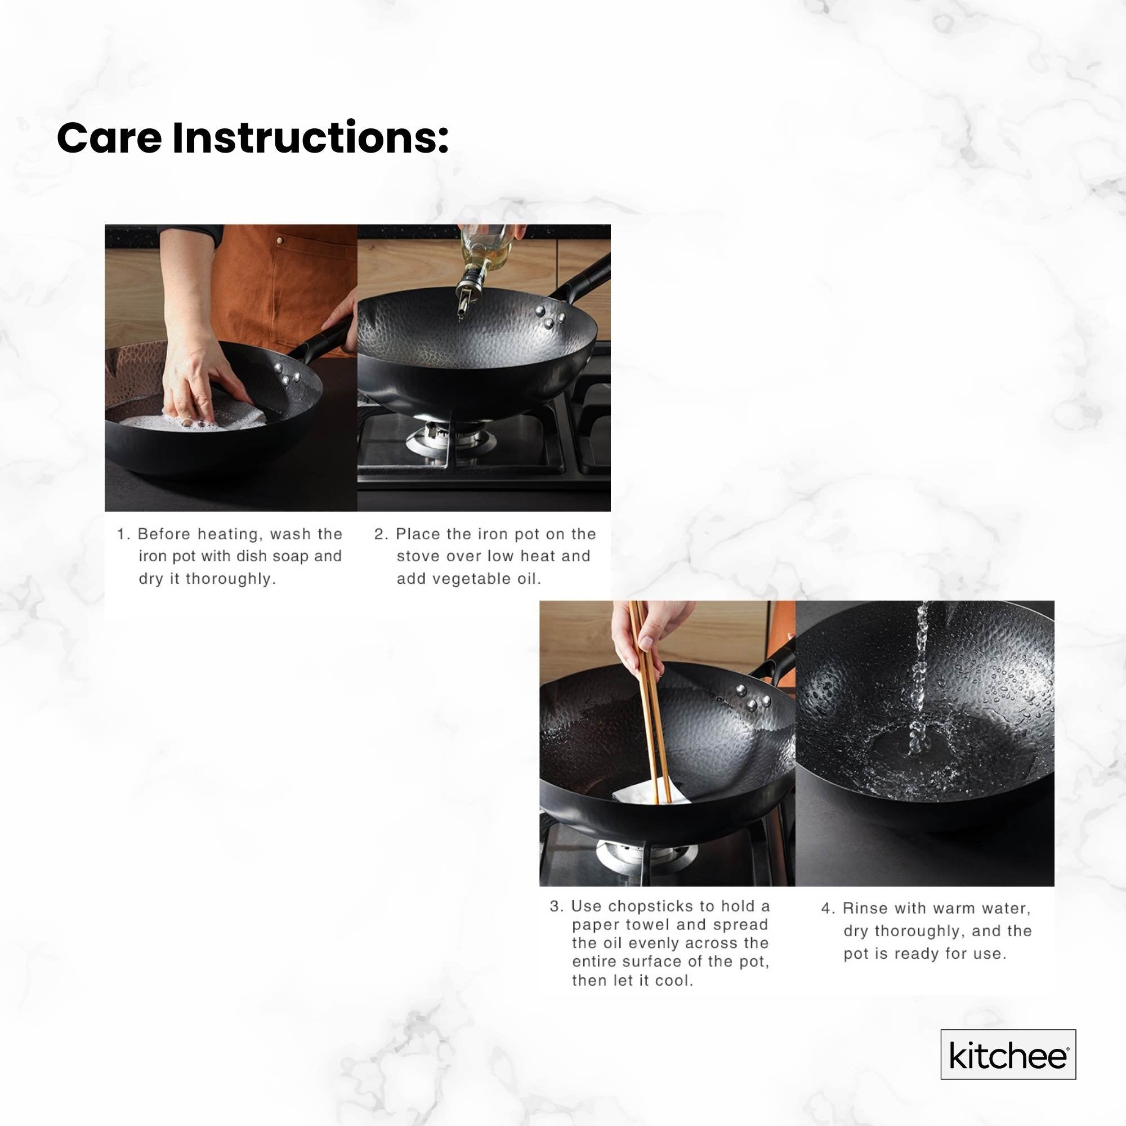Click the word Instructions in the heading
pos(309,138)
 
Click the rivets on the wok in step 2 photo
pos(549,316)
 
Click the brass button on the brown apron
pos(280,239)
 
